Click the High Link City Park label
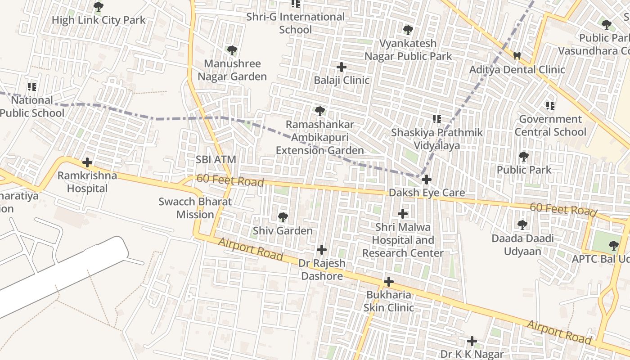(x=99, y=20)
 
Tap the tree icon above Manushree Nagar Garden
(x=232, y=50)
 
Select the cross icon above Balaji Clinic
(x=342, y=67)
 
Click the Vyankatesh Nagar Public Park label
(x=408, y=50)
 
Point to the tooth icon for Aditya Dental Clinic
(x=517, y=56)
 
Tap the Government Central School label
(x=550, y=126)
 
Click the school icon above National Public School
(x=32, y=86)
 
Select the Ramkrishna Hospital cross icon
(x=87, y=162)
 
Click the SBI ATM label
(x=216, y=159)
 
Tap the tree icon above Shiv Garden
(x=283, y=217)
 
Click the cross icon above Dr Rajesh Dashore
(x=322, y=249)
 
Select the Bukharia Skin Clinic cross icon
(x=388, y=282)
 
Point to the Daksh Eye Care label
(x=427, y=193)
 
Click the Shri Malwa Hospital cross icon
(x=403, y=214)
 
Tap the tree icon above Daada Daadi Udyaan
(x=522, y=225)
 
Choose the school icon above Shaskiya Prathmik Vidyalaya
(x=436, y=119)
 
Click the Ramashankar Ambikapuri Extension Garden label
(x=319, y=137)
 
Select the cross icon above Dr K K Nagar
(x=472, y=341)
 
